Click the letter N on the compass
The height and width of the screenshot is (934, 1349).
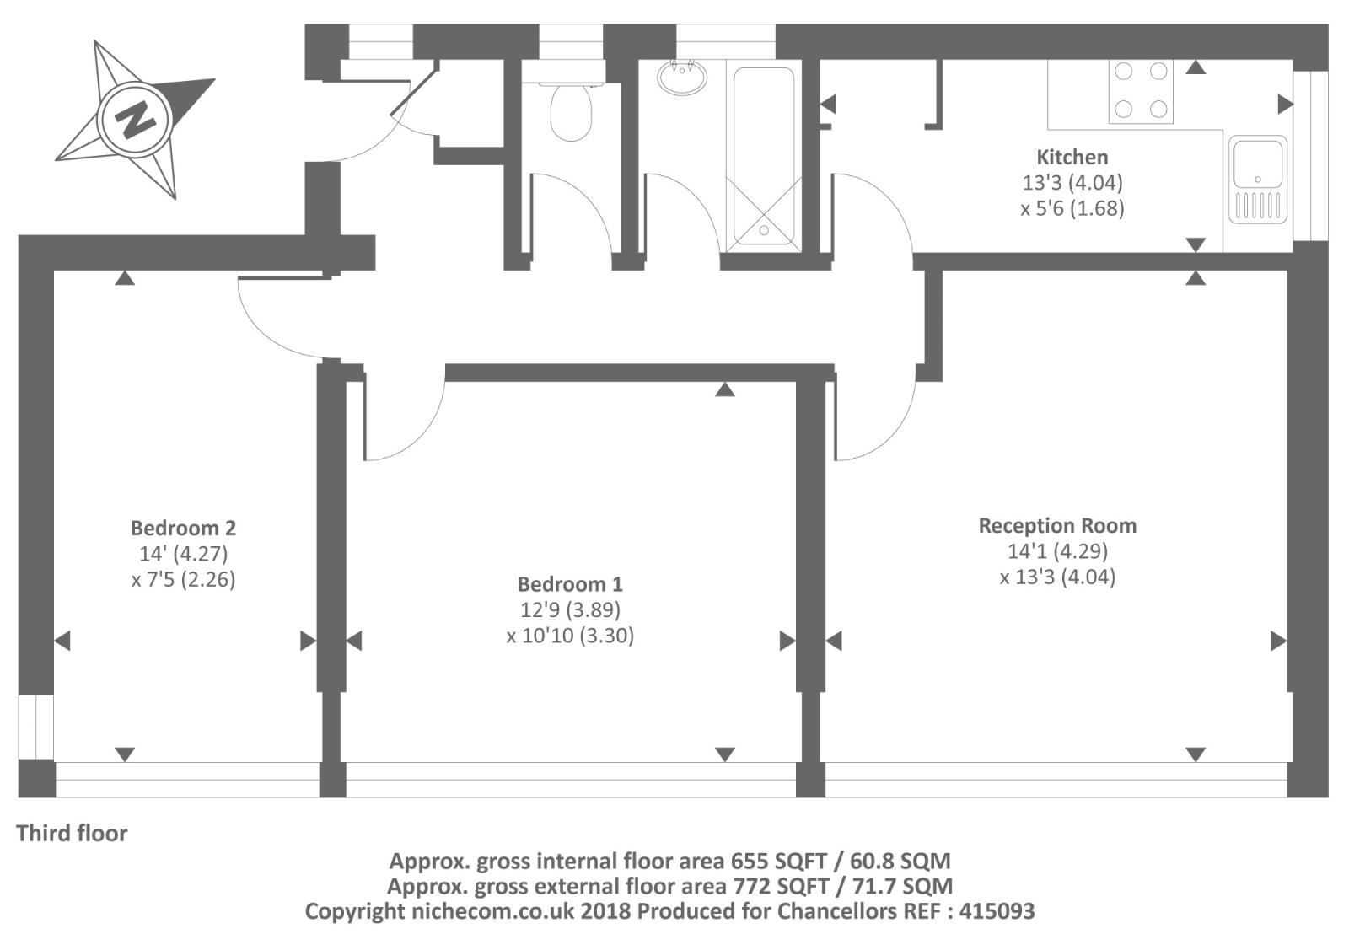136,120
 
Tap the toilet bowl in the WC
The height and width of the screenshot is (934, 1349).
571,113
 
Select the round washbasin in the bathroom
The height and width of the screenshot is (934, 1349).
682,77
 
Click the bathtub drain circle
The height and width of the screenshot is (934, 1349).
764,230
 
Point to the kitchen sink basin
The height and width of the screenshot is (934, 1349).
1258,164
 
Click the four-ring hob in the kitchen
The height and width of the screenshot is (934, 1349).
1141,91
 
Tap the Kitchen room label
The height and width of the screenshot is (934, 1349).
1072,157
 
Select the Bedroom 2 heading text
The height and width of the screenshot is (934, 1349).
183,529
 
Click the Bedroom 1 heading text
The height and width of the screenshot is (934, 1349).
570,584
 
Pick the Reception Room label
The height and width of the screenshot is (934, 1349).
1057,526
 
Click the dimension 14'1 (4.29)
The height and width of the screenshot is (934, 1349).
1058,551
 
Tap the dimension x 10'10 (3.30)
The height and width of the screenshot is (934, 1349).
570,636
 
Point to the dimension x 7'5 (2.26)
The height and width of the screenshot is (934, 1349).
183,579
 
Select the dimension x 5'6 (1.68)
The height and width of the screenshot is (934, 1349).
1072,208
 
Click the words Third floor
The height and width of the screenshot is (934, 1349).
72,834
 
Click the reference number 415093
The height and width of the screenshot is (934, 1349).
997,911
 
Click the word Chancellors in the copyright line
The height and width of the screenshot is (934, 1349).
834,911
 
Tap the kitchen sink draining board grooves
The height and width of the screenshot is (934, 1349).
1258,205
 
